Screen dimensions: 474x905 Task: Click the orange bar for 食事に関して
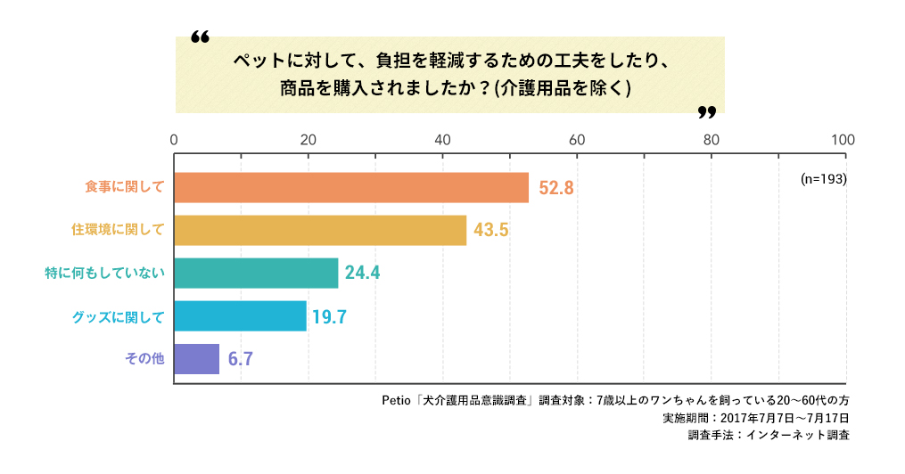click(351, 187)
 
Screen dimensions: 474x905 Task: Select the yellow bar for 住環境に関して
click(320, 230)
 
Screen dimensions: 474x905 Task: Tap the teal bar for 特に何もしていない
click(256, 273)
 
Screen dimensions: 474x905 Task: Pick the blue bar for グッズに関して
click(240, 315)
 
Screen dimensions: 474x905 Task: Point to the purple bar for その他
click(196, 358)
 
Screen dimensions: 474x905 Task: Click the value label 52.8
click(555, 188)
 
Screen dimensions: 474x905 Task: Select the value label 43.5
click(490, 231)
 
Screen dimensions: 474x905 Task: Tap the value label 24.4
click(362, 274)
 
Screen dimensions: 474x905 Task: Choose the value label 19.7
click(329, 316)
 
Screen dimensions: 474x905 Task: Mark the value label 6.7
click(241, 359)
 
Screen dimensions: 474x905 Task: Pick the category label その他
click(144, 358)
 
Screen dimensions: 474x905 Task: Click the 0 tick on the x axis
click(174, 140)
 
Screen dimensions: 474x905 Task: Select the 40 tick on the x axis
click(442, 140)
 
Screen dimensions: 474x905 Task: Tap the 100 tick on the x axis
click(843, 140)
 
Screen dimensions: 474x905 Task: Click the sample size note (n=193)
click(823, 178)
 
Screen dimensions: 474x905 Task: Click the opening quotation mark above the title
click(200, 38)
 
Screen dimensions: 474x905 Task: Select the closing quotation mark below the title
click(706, 112)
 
